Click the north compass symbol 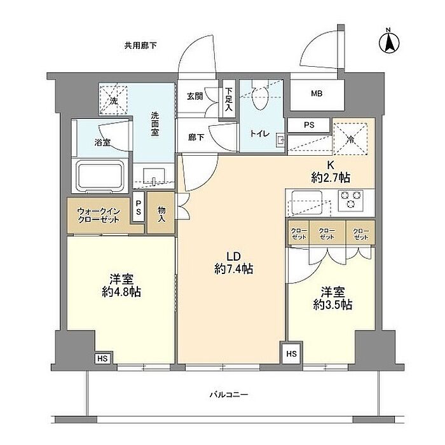389,42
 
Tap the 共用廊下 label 140,45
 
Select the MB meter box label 317,93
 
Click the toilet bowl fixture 261,98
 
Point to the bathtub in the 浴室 100,176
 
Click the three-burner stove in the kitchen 351,201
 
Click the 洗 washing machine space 113,100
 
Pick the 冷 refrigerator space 350,139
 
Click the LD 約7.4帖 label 233,263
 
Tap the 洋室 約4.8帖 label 121,285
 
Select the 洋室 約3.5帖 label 332,298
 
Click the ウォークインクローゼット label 99,216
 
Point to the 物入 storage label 161,214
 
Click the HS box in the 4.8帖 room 103,359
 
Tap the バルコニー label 229,395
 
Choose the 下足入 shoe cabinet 228,99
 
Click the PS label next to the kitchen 309,125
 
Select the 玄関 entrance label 195,97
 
